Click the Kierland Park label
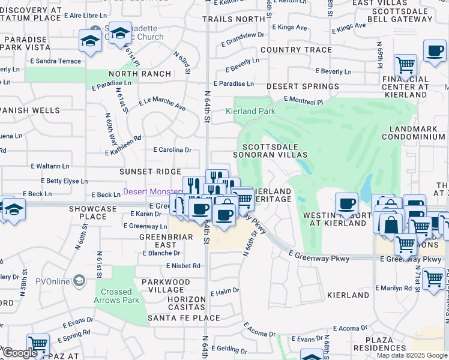pos(250,111)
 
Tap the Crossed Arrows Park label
pos(116,296)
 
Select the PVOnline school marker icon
pos(79,280)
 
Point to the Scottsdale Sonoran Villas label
pos(275,151)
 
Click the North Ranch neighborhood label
pos(139,74)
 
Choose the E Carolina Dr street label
pos(172,149)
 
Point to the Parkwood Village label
pos(166,286)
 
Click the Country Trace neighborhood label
pos(297,50)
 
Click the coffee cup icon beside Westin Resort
pos(346,204)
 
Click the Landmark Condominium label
pos(417,133)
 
